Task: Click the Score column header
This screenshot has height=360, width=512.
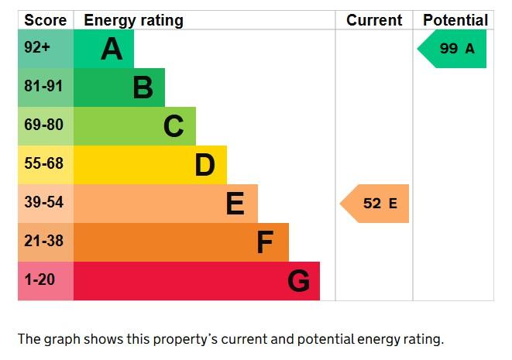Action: click(x=46, y=20)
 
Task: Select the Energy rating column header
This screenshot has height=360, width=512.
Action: click(x=133, y=21)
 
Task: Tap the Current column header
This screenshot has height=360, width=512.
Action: click(x=374, y=20)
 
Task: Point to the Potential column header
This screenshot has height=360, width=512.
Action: click(x=455, y=20)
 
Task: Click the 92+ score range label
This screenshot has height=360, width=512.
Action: click(x=37, y=47)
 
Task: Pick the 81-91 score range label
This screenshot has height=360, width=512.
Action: click(x=43, y=86)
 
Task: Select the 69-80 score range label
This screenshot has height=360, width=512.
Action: click(x=43, y=125)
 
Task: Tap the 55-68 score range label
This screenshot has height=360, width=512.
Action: click(x=43, y=163)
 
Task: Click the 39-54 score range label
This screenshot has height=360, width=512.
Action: click(x=43, y=202)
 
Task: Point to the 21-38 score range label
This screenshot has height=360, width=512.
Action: click(x=43, y=241)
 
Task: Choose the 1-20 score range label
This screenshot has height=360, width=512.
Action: click(x=40, y=279)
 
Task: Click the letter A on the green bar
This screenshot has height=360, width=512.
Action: click(x=112, y=49)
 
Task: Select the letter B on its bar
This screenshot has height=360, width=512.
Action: click(x=143, y=87)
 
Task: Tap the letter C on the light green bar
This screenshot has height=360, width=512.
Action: click(x=174, y=126)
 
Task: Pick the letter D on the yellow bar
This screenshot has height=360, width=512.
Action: click(x=204, y=165)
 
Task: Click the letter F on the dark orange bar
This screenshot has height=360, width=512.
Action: click(x=265, y=242)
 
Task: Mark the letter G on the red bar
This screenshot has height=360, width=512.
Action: click(x=298, y=281)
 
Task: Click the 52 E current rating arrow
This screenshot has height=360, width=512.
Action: click(x=375, y=204)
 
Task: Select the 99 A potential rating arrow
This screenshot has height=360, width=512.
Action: click(x=452, y=49)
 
